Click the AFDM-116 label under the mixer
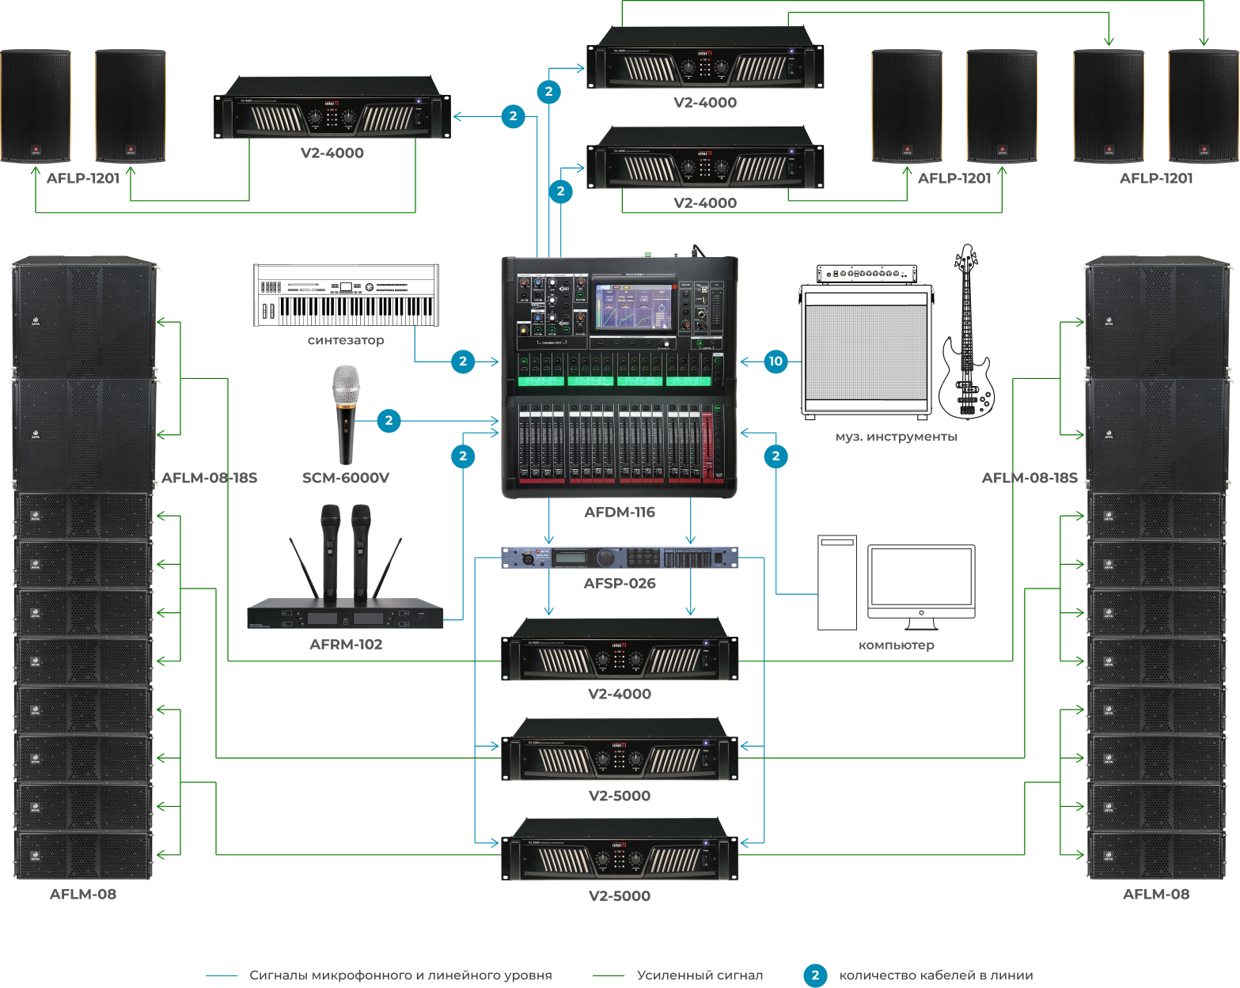coord(620,513)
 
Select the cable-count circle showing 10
coord(775,362)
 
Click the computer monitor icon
coord(921,581)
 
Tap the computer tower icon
coord(837,582)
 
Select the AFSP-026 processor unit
coord(620,558)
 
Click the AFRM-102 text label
coord(346,645)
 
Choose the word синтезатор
coord(346,340)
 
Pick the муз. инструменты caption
coord(897,437)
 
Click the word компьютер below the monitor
coord(897,645)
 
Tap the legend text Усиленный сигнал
coord(700,975)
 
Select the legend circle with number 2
coord(815,975)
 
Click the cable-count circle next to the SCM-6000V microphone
coord(389,421)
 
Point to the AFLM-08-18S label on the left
coord(210,478)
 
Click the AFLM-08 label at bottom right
coord(1156,895)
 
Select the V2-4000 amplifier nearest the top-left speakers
coord(332,108)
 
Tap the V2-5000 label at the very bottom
coord(620,896)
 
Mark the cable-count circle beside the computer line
coord(775,456)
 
